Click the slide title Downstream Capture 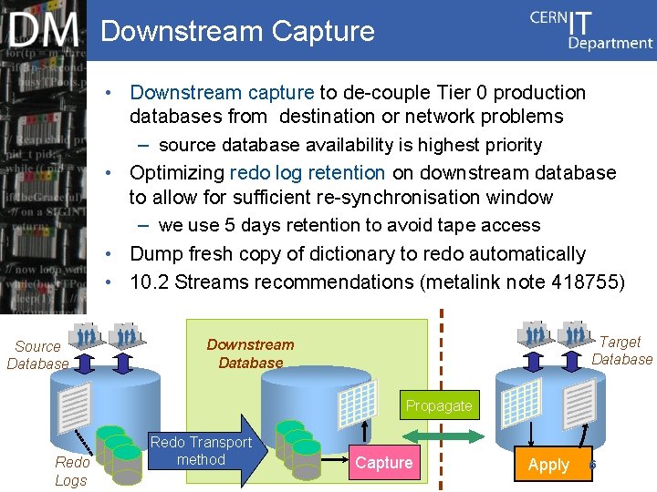pyautogui.click(x=237, y=31)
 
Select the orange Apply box pyautogui.click(x=548, y=464)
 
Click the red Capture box pyautogui.click(x=383, y=463)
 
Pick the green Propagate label pyautogui.click(x=439, y=405)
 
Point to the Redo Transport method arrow pyautogui.click(x=201, y=451)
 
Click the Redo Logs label pyautogui.click(x=71, y=471)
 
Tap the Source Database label pyautogui.click(x=37, y=354)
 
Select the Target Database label pyautogui.click(x=621, y=351)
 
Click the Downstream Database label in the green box pyautogui.click(x=250, y=354)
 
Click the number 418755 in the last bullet pyautogui.click(x=588, y=282)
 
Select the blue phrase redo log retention pyautogui.click(x=308, y=173)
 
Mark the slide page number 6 pyautogui.click(x=592, y=465)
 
